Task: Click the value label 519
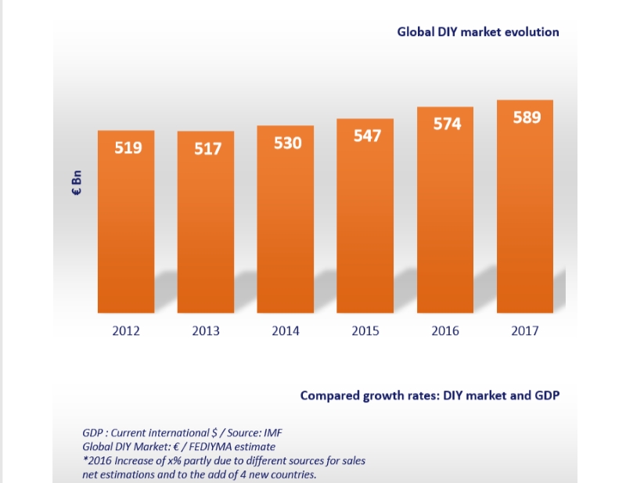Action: [x=128, y=146]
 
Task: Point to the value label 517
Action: [x=208, y=148]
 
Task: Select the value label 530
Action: [x=287, y=143]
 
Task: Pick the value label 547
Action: [x=367, y=135]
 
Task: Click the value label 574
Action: [x=447, y=124]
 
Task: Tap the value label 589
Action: [x=527, y=117]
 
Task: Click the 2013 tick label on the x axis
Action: [x=206, y=331]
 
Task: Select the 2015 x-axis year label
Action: [x=365, y=331]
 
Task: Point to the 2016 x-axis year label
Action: [x=445, y=331]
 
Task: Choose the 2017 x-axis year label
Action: [x=525, y=331]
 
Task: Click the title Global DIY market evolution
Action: [x=478, y=32]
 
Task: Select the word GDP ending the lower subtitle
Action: [x=545, y=395]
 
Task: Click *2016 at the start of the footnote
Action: [x=97, y=460]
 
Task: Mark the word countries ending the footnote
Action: [x=294, y=474]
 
